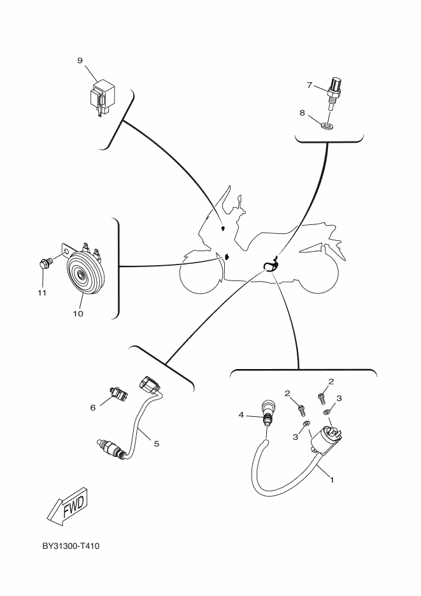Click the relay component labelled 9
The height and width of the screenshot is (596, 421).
pyautogui.click(x=101, y=96)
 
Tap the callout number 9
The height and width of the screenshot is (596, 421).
pyautogui.click(x=80, y=61)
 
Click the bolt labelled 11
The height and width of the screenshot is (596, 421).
pyautogui.click(x=45, y=263)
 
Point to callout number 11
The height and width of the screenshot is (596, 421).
pyautogui.click(x=41, y=293)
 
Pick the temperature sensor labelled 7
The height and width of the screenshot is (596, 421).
pyautogui.click(x=335, y=89)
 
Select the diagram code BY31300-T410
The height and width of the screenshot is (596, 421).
pyautogui.click(x=71, y=547)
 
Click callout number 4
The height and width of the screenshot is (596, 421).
pyautogui.click(x=241, y=415)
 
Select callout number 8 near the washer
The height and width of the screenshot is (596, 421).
pyautogui.click(x=303, y=113)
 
